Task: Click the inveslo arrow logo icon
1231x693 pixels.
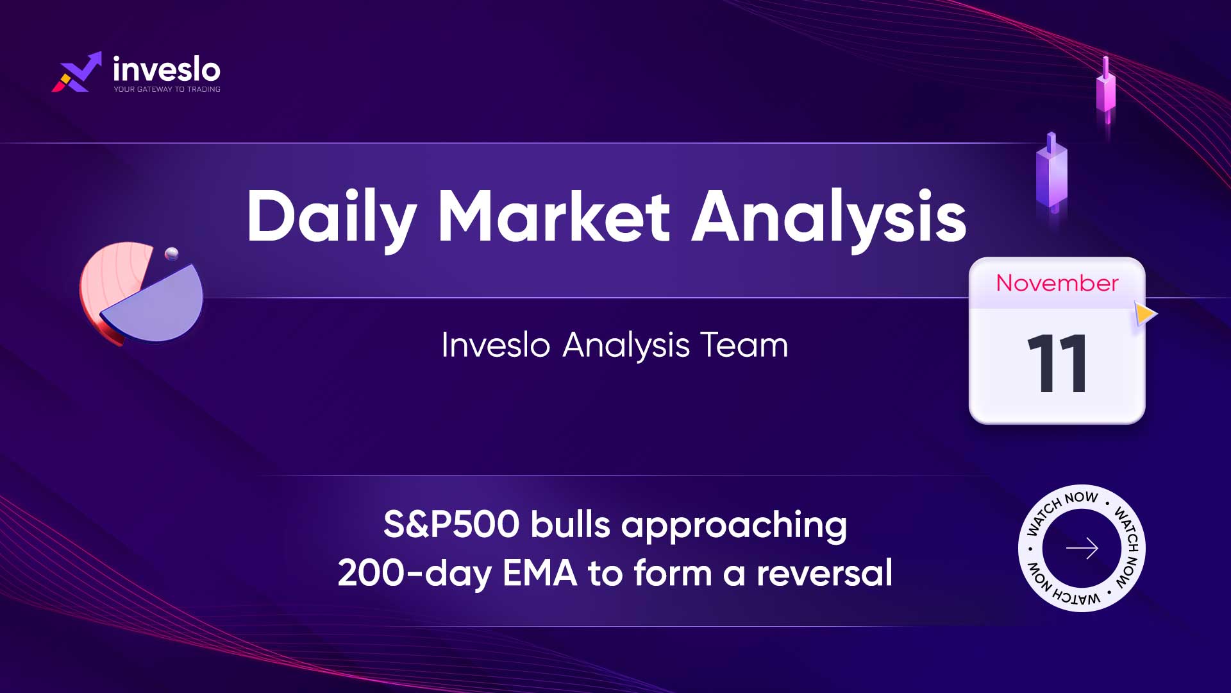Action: point(77,72)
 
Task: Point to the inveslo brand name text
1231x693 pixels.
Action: point(167,69)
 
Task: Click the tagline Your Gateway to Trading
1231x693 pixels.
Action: point(167,89)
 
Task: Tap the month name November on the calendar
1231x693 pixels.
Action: point(1057,283)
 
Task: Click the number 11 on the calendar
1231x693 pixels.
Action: point(1057,363)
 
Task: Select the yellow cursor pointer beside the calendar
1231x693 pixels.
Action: point(1145,314)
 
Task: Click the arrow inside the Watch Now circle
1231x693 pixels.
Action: point(1082,548)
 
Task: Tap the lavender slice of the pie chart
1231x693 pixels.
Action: point(157,305)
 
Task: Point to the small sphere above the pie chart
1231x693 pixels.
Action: point(172,253)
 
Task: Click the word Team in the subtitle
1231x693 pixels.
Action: point(744,345)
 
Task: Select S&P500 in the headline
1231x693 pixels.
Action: point(451,524)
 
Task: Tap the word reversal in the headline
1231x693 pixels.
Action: point(825,572)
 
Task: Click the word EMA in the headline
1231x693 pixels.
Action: point(540,573)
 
